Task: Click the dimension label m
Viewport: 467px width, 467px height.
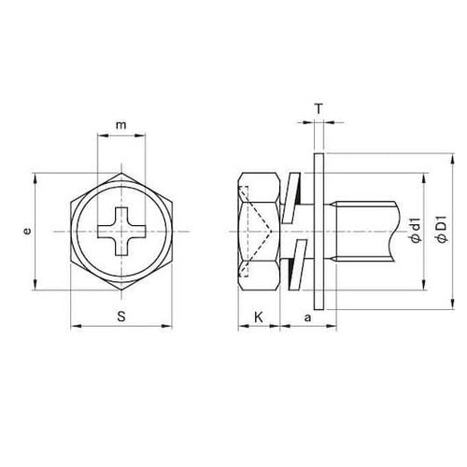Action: click(x=121, y=125)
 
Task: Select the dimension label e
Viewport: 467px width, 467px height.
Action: click(x=28, y=232)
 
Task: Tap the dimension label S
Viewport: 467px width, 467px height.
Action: click(x=121, y=317)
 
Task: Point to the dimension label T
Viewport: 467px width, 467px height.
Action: click(x=318, y=109)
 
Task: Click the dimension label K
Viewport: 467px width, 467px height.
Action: click(x=259, y=318)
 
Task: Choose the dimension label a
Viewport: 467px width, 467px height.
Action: click(x=307, y=318)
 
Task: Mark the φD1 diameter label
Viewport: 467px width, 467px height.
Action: click(x=442, y=229)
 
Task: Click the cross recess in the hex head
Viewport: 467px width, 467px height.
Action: click(x=121, y=232)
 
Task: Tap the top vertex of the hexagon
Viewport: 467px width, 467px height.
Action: click(x=121, y=172)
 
